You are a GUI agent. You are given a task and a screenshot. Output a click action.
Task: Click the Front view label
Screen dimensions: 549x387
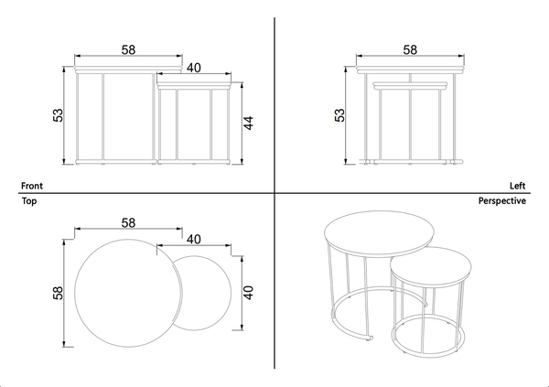(32, 186)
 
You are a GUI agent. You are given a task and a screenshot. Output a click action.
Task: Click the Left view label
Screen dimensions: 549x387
(518, 186)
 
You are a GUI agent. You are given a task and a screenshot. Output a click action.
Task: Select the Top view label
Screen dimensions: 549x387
(29, 201)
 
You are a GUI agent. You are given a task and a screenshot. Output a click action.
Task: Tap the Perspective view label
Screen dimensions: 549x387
(502, 201)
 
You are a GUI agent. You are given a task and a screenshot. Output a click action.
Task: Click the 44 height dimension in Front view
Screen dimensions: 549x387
(248, 123)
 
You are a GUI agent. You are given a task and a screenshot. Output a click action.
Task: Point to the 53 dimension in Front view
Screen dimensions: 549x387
(59, 115)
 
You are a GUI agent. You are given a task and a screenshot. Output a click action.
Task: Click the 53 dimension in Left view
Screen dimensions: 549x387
(339, 115)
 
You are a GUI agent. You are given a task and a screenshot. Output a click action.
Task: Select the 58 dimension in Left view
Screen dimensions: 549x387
(410, 49)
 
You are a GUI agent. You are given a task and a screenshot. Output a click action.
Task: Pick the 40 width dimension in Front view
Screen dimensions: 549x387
(194, 68)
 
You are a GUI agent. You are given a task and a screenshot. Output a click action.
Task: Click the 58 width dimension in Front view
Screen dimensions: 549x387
(128, 49)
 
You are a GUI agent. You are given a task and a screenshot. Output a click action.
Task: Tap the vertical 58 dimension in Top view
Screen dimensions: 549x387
(59, 293)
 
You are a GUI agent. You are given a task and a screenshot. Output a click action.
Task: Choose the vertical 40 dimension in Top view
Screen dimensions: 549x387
(248, 293)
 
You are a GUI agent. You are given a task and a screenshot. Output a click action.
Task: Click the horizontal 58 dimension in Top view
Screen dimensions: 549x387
(128, 222)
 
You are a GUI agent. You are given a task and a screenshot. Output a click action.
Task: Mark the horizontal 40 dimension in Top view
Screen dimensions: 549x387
(194, 240)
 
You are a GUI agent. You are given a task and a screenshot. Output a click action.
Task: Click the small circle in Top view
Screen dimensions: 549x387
(231, 293)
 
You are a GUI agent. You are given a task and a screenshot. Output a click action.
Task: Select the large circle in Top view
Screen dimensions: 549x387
(75, 293)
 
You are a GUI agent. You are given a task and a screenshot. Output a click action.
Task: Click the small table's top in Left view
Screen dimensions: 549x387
(410, 85)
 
